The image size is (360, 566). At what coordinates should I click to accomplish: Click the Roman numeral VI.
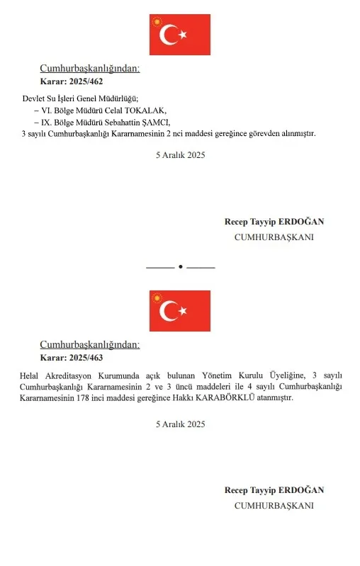coord(47,111)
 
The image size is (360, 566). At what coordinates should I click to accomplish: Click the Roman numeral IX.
coord(47,122)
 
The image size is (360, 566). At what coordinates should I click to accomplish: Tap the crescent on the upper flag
coord(170,34)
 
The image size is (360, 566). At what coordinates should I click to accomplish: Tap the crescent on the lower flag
coord(170,310)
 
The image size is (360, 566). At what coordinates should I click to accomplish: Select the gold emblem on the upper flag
coord(157,21)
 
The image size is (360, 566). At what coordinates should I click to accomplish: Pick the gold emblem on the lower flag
coord(157,298)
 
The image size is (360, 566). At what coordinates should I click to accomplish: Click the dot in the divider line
coord(180,267)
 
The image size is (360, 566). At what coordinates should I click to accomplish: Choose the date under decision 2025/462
coord(180,155)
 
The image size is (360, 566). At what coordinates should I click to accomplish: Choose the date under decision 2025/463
coord(180,424)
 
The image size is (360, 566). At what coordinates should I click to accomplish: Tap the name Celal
coord(113,111)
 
